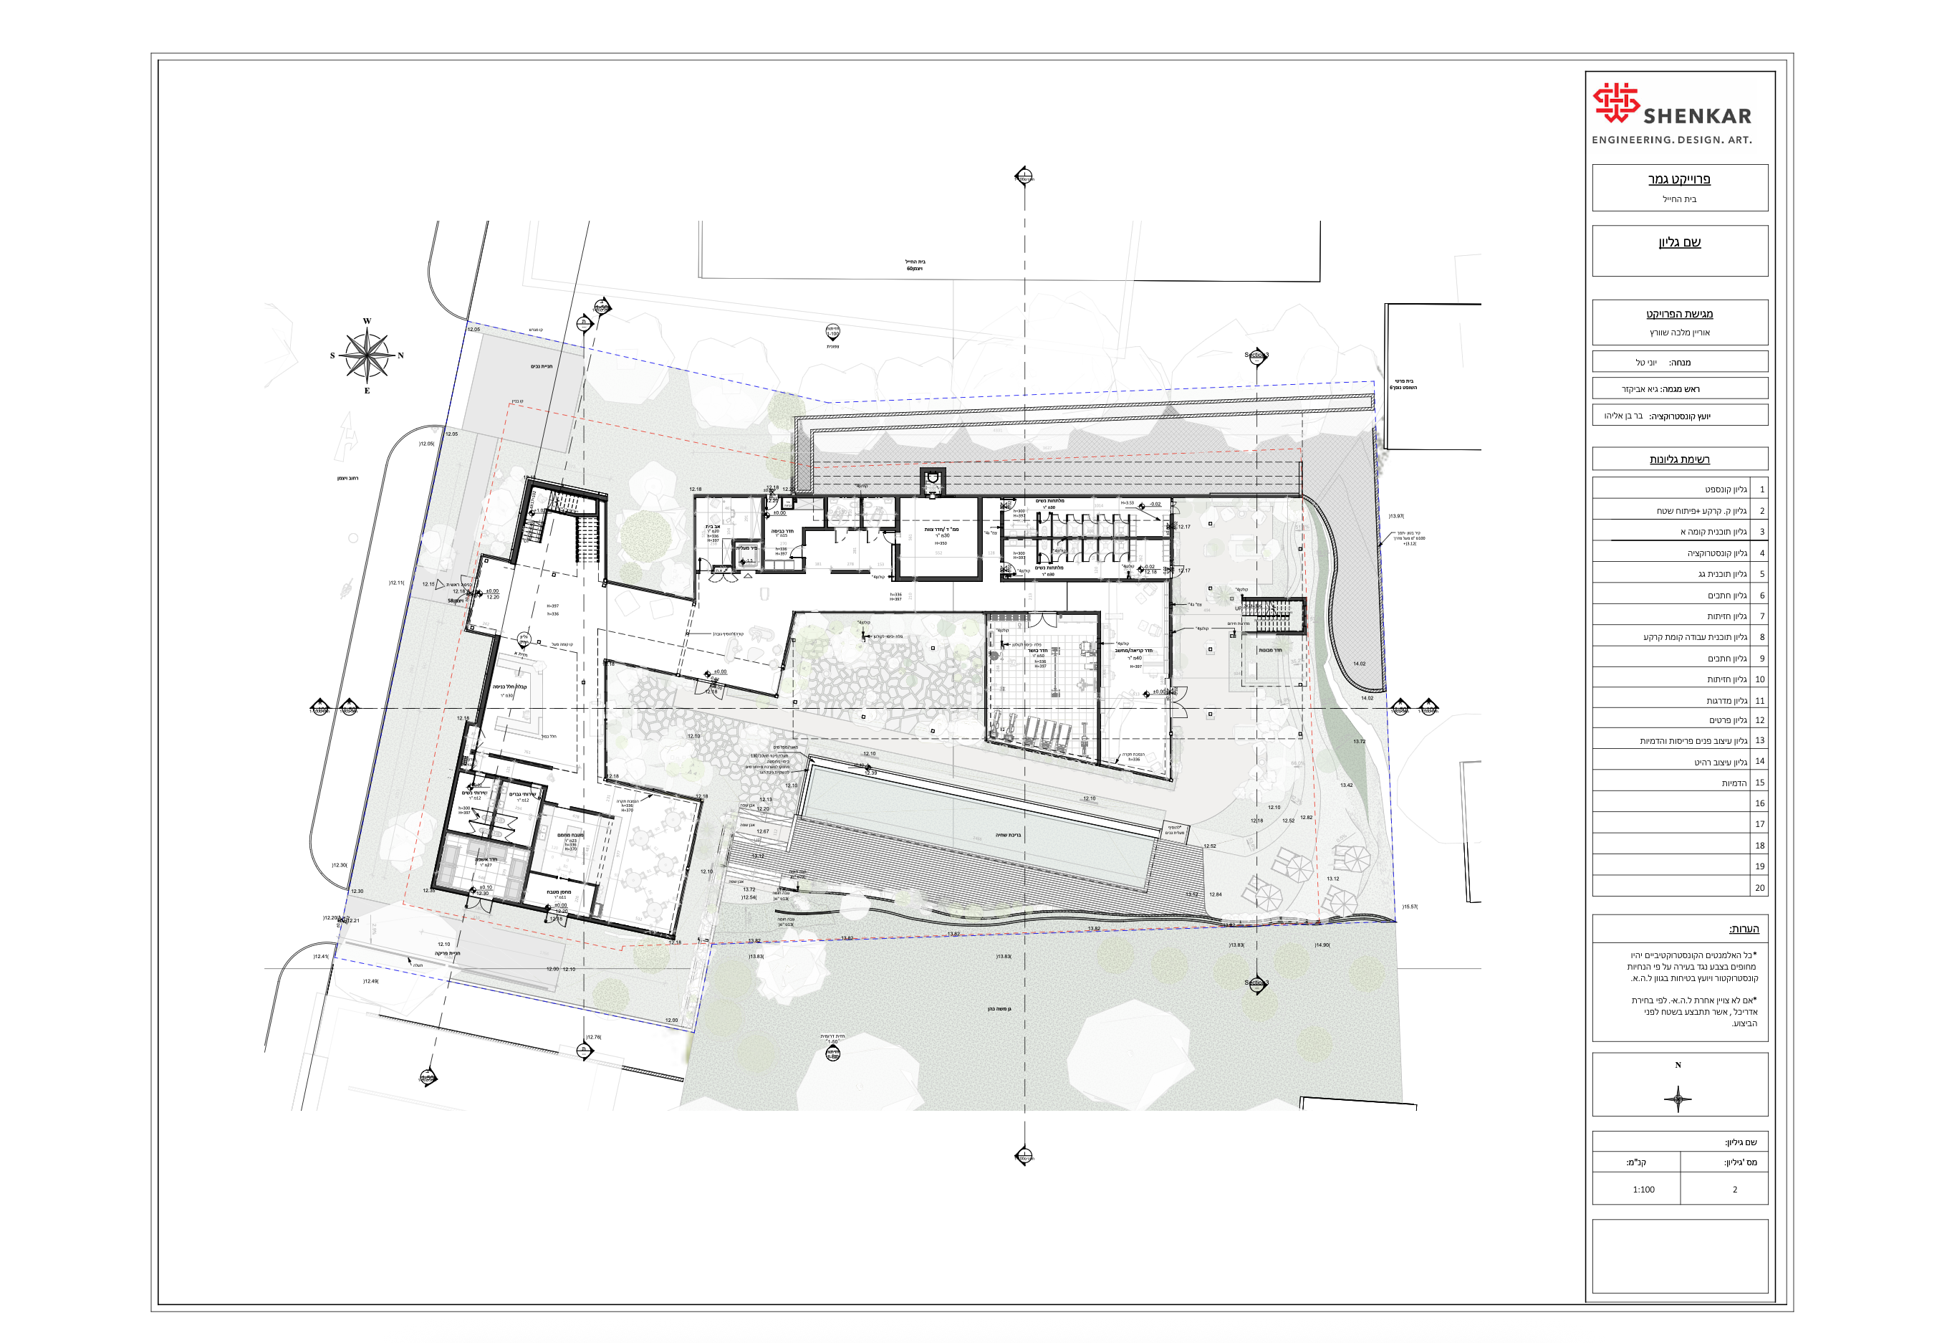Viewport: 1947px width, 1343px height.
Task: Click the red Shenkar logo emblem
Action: [1615, 102]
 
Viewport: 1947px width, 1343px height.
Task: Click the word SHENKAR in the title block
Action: [1696, 116]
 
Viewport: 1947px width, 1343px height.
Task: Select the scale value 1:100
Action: [1643, 1189]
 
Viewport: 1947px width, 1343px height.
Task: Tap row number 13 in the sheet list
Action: [1759, 740]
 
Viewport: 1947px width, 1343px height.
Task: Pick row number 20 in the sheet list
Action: [1759, 887]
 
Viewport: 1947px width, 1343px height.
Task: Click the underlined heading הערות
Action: [1743, 928]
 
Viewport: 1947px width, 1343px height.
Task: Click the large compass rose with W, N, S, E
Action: [367, 355]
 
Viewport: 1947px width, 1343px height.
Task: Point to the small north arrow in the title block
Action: [1677, 1098]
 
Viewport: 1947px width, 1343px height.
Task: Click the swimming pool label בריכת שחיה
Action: [1008, 835]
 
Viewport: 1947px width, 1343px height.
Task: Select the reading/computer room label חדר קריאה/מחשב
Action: [1134, 651]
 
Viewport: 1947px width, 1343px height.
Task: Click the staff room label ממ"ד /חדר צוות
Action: [941, 530]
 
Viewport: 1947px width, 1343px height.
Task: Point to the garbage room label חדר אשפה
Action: [486, 859]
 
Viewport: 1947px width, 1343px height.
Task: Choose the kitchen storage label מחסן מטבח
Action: [559, 891]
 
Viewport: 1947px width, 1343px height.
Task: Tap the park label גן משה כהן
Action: [999, 1008]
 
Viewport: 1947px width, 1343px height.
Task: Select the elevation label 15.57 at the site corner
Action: [1410, 907]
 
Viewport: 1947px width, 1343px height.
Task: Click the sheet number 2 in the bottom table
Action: [1734, 1189]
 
